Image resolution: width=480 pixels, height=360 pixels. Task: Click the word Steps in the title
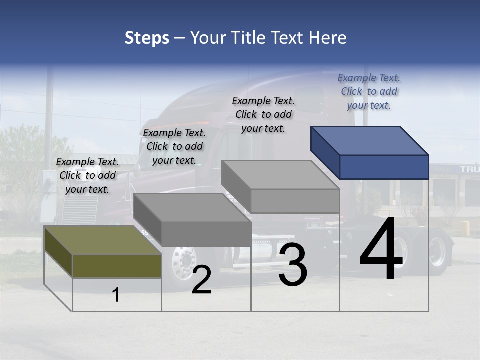tap(147, 38)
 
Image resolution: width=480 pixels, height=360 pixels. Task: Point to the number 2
tap(201, 280)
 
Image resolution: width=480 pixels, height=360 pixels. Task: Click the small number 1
tap(116, 295)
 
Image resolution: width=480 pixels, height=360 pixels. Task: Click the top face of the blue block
tap(369, 140)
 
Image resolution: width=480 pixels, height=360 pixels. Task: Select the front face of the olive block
tap(117, 266)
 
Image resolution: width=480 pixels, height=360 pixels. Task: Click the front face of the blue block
tap(384, 167)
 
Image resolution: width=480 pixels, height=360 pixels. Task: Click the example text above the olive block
tap(87, 175)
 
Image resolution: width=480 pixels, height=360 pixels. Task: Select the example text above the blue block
tap(369, 91)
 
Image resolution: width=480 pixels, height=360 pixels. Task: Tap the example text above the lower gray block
tap(174, 146)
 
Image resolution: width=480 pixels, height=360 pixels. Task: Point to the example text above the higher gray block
tap(263, 114)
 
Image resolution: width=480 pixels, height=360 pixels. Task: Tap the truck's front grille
tap(80, 210)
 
